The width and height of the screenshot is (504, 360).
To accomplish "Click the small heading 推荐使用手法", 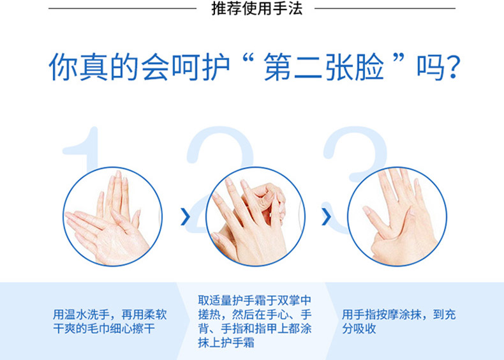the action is pos(257,8).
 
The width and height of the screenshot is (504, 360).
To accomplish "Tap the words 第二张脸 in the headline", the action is pos(323,67).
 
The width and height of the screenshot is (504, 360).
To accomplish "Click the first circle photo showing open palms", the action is pos(112,216).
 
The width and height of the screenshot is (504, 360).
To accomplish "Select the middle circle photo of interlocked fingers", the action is pos(255,216).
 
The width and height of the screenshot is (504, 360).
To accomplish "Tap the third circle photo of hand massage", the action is pos(397,216).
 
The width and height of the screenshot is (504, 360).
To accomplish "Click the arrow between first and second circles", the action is pos(186,216).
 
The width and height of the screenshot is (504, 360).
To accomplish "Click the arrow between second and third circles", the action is pos(326,216).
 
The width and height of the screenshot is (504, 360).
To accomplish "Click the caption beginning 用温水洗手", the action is pos(110,322).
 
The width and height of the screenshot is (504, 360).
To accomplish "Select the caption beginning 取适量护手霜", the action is pos(255,322).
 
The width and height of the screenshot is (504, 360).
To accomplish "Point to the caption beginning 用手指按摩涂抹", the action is pos(399,322).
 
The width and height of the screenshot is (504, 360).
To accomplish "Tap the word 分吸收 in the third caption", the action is pos(359,329).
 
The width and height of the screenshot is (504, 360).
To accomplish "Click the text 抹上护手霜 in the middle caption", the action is pos(226,343).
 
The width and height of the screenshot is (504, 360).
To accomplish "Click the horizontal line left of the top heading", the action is pos(122,8).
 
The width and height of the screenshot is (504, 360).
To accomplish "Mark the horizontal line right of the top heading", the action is pos(385,8).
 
